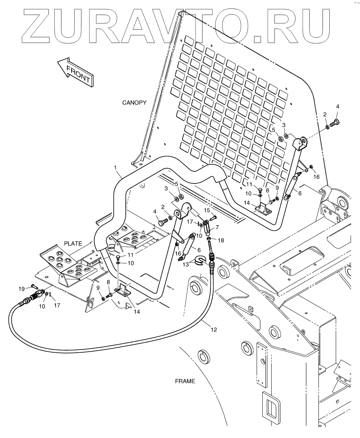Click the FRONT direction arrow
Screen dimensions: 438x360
(75, 72)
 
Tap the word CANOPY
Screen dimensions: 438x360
(134, 103)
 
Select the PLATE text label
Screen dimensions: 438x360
(73, 244)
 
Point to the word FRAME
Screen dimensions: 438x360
(185, 381)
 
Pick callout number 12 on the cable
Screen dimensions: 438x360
(214, 330)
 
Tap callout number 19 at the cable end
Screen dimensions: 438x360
(21, 288)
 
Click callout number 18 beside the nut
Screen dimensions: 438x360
(221, 240)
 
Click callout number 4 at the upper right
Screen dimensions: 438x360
(338, 106)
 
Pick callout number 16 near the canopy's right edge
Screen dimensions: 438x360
(316, 177)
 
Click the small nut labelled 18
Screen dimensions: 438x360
(209, 239)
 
